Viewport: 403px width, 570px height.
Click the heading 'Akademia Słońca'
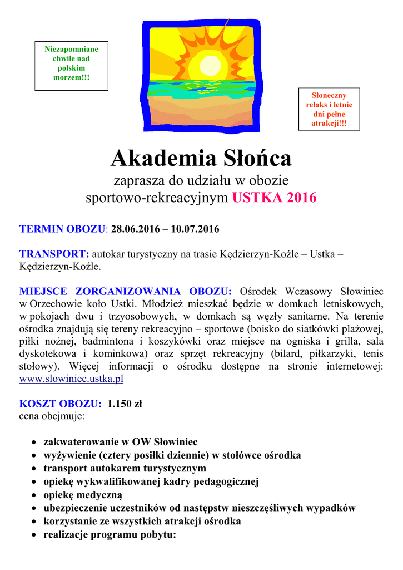[x=201, y=159]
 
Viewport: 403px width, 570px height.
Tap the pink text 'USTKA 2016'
[x=274, y=198]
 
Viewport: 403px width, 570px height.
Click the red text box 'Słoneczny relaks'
[x=329, y=109]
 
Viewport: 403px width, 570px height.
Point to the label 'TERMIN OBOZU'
[x=62, y=229]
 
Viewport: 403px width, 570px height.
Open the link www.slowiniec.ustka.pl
[x=71, y=379]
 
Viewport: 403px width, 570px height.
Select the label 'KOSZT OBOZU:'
[x=61, y=404]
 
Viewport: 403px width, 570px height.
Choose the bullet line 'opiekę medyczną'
[x=83, y=495]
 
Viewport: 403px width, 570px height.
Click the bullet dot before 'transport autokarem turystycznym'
[x=34, y=469]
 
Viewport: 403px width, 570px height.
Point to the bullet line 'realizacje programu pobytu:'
[x=110, y=535]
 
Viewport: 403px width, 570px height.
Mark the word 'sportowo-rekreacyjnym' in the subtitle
[x=157, y=198]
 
